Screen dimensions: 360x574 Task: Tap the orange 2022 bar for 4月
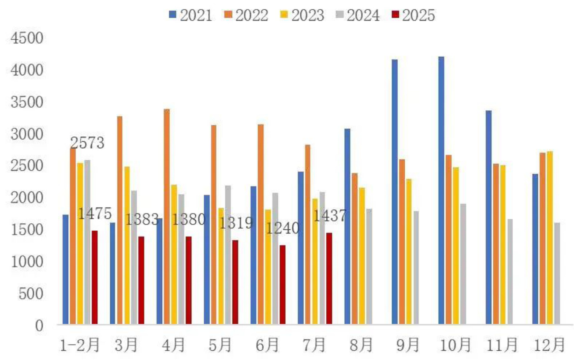[167, 217]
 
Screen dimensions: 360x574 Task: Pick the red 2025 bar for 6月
[282, 285]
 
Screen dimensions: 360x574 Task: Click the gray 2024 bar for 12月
[557, 274]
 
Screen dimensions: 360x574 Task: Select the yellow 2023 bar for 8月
[362, 256]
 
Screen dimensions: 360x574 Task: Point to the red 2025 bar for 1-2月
[94, 277]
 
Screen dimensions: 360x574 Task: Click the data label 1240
[283, 228]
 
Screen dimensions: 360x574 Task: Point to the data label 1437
[330, 216]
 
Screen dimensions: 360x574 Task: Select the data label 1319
[236, 223]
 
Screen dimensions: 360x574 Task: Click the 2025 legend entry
[413, 15]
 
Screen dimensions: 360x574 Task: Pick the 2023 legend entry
[302, 15]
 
